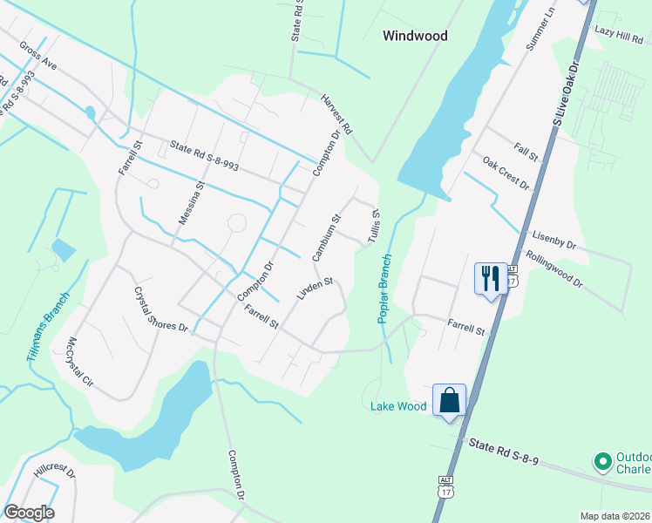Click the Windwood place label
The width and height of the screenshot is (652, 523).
click(x=416, y=36)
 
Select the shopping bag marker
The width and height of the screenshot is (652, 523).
click(x=450, y=400)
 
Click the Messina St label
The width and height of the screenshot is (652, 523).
click(x=191, y=203)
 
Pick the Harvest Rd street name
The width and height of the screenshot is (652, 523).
click(x=335, y=115)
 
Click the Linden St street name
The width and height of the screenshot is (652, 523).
click(x=316, y=289)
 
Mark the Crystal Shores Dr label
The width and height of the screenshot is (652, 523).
click(x=160, y=309)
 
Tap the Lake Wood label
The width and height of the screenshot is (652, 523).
click(x=398, y=406)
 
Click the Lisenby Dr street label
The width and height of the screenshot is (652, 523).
click(x=553, y=240)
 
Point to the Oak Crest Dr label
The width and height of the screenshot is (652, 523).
click(x=506, y=173)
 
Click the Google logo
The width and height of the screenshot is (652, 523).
click(x=29, y=513)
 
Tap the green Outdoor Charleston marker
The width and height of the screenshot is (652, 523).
click(x=601, y=460)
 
